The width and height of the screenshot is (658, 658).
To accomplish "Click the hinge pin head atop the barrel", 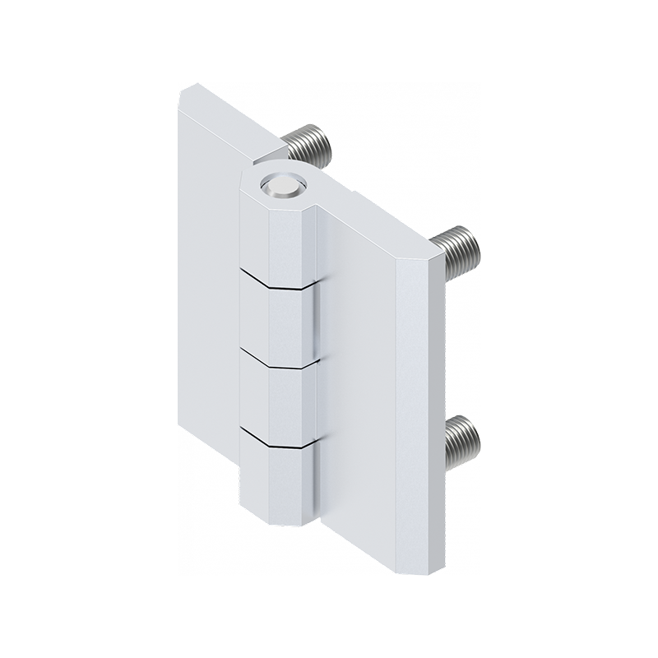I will click(280, 187).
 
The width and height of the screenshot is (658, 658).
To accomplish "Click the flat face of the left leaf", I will click(210, 288).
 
